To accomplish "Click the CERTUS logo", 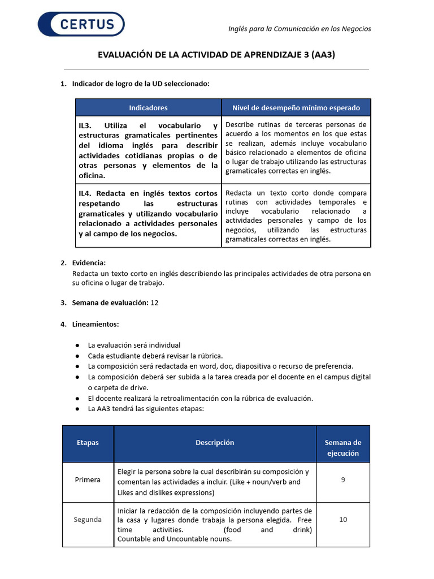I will click(x=81, y=24).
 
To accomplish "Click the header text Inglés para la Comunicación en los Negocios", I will click(x=300, y=29).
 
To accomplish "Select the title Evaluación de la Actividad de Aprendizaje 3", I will click(x=220, y=55).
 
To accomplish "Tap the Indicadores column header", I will click(x=148, y=107).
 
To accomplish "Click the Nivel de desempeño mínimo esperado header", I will click(x=296, y=107).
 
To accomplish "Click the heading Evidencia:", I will click(x=89, y=263).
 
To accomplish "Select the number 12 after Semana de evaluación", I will click(x=154, y=303).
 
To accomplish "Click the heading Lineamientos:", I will click(x=96, y=324).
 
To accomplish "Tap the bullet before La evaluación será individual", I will click(x=77, y=345).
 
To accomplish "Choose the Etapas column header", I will click(x=88, y=443).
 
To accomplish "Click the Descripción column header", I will click(x=215, y=443).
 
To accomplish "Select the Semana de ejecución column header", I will click(x=342, y=448).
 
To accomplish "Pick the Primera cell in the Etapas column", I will click(x=88, y=479).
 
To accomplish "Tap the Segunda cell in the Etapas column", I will click(x=88, y=519).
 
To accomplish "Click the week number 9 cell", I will click(x=342, y=479).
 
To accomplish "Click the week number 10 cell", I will click(x=342, y=519).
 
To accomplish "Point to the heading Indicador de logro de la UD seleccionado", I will click(x=141, y=84).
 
